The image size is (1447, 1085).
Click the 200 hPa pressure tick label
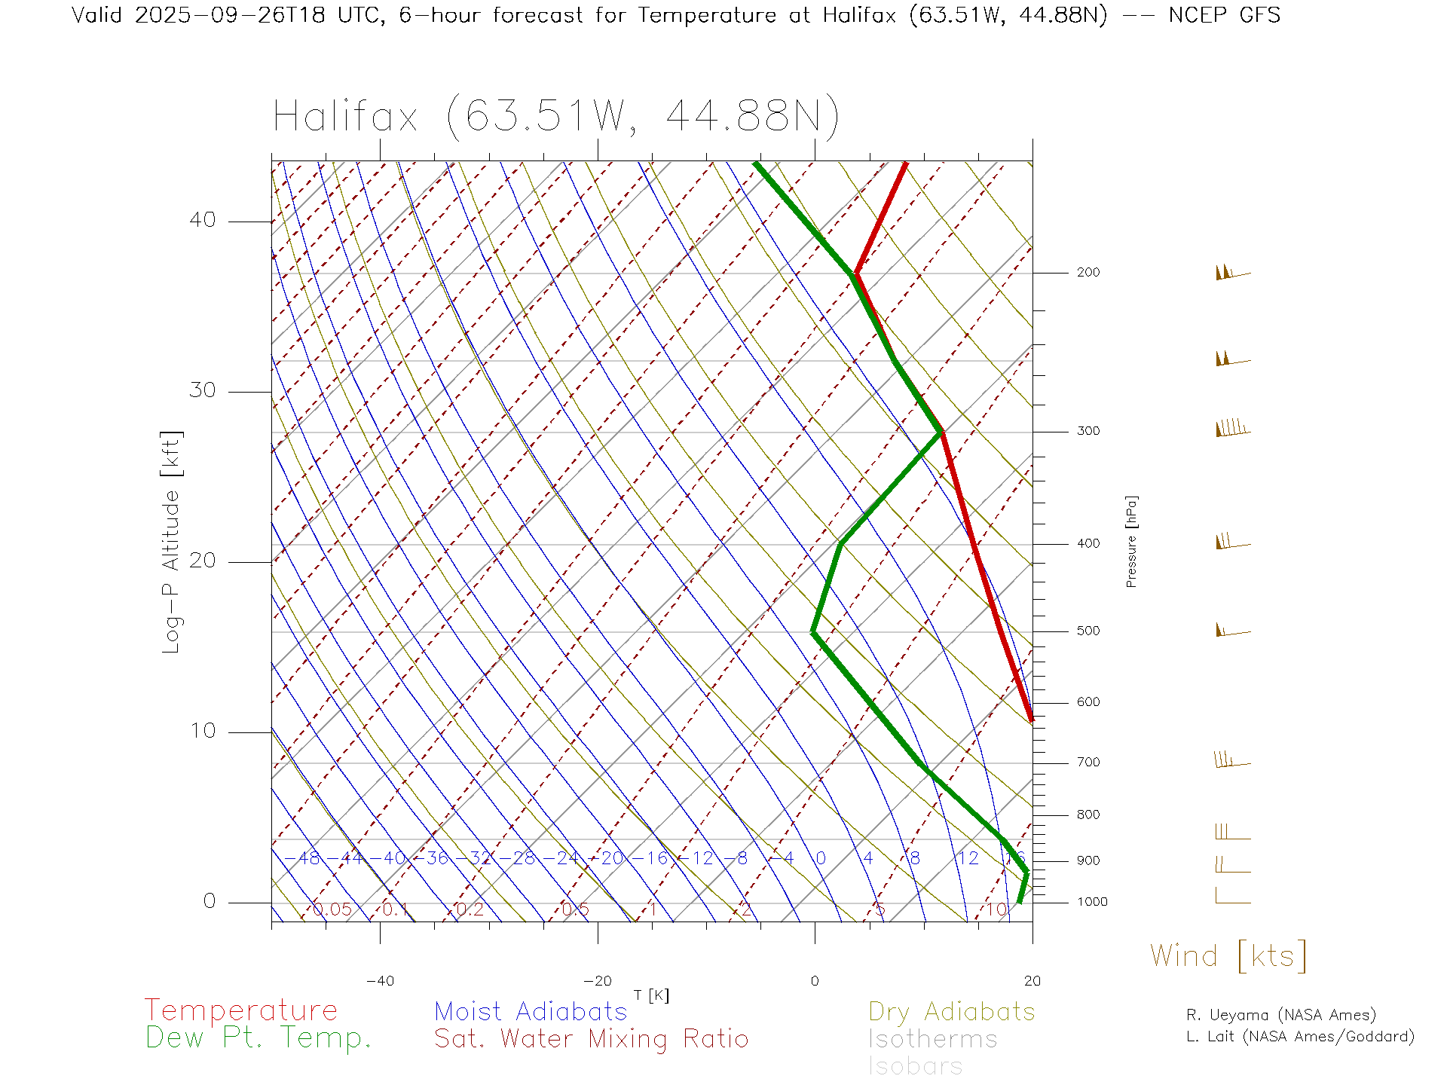1088,273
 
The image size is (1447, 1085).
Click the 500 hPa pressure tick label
1088,631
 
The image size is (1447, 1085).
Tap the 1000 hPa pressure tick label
1092,902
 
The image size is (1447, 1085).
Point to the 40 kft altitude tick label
202,220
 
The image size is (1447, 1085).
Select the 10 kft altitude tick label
202,731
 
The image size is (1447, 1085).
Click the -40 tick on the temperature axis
380,981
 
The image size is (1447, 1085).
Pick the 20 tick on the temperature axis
1032,981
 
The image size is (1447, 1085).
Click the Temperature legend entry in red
241,1010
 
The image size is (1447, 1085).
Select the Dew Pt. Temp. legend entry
259,1038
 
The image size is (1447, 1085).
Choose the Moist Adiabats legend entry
531,1012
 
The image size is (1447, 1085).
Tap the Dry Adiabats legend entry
951,1012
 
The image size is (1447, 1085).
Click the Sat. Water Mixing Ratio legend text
591,1039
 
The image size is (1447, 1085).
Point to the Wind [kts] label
1228,956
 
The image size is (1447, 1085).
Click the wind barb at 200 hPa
1232,273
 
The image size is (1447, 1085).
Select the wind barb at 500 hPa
1232,631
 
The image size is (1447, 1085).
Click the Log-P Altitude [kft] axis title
172,542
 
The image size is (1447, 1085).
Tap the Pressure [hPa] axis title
1131,541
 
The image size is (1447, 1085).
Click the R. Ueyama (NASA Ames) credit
1281,1015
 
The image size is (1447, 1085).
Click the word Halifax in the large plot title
345,118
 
